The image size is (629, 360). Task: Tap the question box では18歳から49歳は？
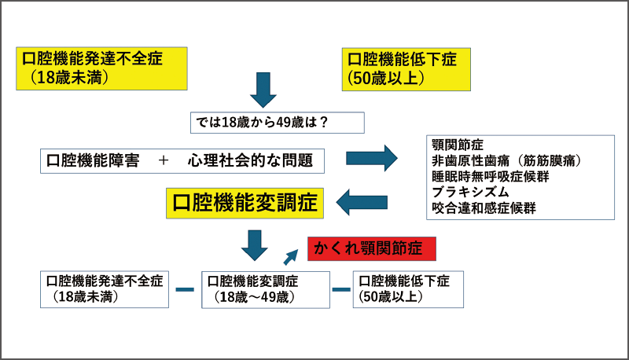(x=277, y=122)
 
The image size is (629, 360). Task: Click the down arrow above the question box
(x=265, y=91)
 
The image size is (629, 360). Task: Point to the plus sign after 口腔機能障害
(x=164, y=160)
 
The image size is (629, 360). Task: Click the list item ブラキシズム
(x=470, y=192)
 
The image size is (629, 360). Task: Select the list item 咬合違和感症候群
(x=484, y=208)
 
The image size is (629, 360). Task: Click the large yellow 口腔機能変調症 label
(x=245, y=202)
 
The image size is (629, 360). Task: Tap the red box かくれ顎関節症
(x=369, y=248)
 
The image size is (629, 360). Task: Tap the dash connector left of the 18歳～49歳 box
(x=185, y=290)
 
